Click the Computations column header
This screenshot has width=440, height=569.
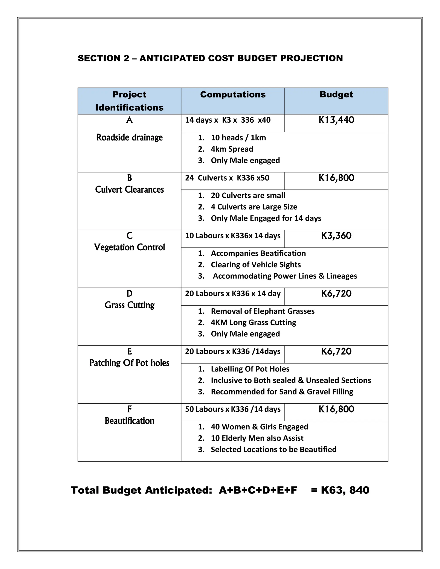(x=232, y=94)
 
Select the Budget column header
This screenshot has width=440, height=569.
(x=336, y=94)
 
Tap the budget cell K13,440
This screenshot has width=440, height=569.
(x=336, y=120)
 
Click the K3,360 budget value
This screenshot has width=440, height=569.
(x=336, y=236)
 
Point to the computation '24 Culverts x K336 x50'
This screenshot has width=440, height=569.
(x=227, y=178)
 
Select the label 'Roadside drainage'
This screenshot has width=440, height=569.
(x=129, y=137)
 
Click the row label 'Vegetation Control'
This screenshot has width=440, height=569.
(x=129, y=247)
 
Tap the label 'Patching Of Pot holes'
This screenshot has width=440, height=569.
(x=129, y=363)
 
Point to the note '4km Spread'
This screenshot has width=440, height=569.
(x=232, y=149)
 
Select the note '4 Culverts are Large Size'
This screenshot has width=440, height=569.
(x=254, y=207)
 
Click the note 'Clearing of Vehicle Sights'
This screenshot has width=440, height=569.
(x=255, y=265)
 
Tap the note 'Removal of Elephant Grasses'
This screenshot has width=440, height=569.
(x=263, y=311)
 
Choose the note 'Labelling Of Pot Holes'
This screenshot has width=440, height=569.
(x=250, y=369)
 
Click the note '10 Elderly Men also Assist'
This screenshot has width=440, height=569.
(x=257, y=438)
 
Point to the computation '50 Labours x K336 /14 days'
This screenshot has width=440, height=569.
(x=232, y=409)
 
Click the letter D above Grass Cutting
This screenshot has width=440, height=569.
(x=129, y=294)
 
